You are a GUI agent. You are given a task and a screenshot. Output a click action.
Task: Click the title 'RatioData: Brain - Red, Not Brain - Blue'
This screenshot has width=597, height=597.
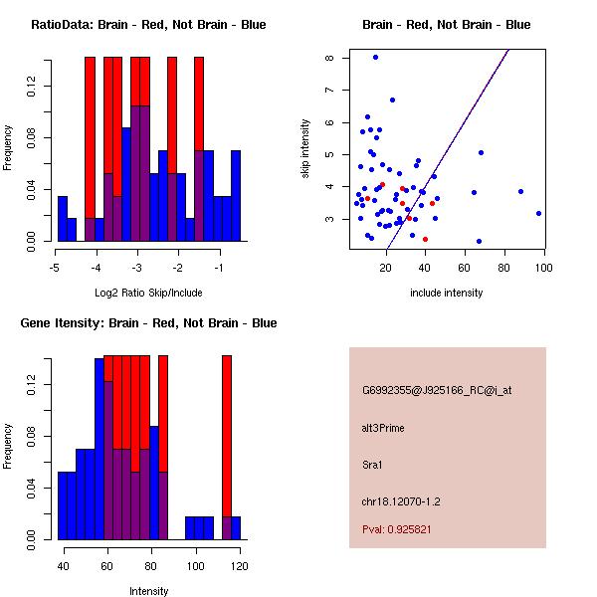tap(148, 25)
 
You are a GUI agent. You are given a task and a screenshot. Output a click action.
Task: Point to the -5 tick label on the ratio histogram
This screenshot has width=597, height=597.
tap(57, 269)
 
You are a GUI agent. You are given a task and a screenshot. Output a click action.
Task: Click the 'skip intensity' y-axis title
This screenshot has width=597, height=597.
tap(305, 149)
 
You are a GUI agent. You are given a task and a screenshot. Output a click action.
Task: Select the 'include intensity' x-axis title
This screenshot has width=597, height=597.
tap(446, 293)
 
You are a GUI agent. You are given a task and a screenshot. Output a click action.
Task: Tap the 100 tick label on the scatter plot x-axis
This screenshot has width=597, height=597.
tap(543, 269)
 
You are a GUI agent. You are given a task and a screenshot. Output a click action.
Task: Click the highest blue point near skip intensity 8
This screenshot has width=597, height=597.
tap(375, 57)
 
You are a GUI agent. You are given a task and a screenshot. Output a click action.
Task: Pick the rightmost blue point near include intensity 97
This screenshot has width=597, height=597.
tap(538, 213)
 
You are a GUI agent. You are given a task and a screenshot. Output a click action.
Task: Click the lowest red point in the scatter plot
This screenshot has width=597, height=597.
tap(425, 239)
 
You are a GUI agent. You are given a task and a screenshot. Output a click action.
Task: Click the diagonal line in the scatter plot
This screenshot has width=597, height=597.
tap(448, 149)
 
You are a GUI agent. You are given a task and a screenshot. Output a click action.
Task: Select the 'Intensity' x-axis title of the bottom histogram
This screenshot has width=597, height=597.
tap(148, 591)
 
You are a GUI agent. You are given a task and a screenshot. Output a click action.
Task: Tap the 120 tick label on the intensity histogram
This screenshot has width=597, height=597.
tap(239, 567)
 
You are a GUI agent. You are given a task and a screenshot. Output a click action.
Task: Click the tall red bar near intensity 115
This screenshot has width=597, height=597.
tap(226, 438)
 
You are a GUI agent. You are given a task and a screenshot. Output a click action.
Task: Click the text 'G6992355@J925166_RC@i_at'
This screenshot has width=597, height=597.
tap(437, 391)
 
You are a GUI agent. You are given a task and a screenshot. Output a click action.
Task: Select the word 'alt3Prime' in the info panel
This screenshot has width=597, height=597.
tap(382, 428)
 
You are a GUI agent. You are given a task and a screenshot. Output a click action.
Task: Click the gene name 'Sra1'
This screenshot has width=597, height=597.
tap(372, 464)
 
